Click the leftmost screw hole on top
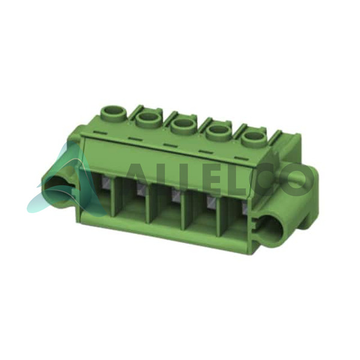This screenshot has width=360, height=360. [x=114, y=112]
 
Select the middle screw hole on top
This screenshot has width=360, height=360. [x=184, y=125]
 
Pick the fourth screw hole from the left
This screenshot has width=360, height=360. [x=220, y=132]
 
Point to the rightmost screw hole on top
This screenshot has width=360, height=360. [x=255, y=139]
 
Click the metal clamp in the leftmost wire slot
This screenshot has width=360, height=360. [x=107, y=181]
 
